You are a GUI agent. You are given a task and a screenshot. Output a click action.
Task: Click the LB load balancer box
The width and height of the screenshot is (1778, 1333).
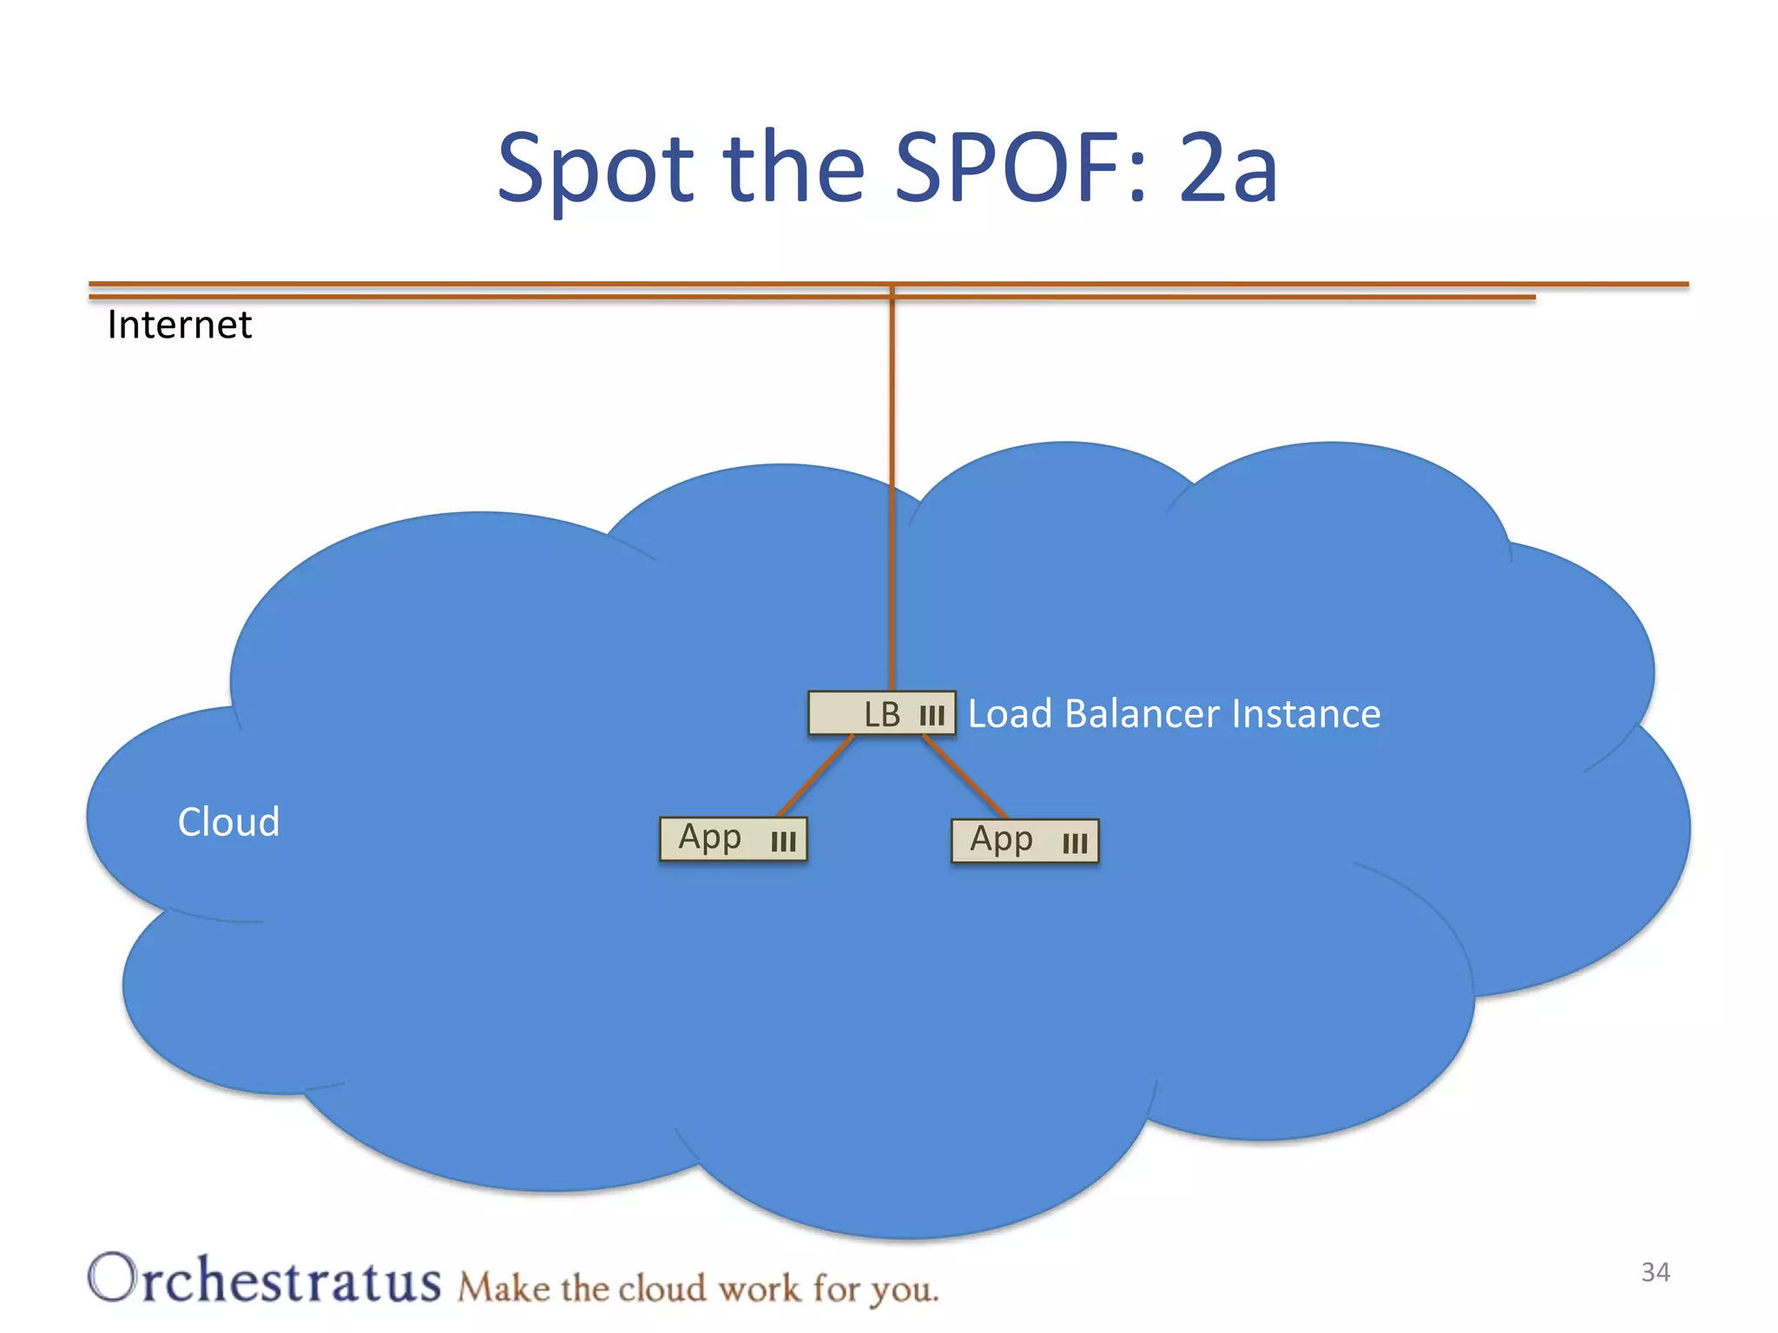tap(880, 713)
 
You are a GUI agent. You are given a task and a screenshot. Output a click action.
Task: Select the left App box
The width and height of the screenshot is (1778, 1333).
tap(733, 839)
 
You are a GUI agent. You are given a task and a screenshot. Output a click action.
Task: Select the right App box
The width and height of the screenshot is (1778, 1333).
tap(1024, 841)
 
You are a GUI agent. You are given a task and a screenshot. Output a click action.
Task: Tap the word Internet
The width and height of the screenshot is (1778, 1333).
tap(179, 325)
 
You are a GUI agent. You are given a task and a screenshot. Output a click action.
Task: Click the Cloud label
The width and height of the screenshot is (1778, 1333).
tap(228, 822)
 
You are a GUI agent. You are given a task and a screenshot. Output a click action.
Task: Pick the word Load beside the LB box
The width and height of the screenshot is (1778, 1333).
tap(1011, 714)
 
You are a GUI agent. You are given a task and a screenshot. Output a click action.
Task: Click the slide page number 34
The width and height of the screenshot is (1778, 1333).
tap(1655, 1272)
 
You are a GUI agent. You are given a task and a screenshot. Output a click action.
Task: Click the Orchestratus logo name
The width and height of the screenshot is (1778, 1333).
tap(264, 1279)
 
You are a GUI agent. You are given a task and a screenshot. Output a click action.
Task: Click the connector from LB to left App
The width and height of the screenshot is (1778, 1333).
tap(814, 777)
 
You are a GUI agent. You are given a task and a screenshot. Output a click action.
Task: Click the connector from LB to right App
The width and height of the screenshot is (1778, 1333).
tap(965, 778)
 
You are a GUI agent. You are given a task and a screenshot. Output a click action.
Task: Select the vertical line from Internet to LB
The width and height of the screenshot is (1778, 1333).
tap(892, 486)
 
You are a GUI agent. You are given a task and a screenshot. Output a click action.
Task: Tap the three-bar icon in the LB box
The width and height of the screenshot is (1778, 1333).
tap(932, 716)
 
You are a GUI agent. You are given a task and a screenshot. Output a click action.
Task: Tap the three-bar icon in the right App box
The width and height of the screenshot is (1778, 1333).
tap(1075, 844)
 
